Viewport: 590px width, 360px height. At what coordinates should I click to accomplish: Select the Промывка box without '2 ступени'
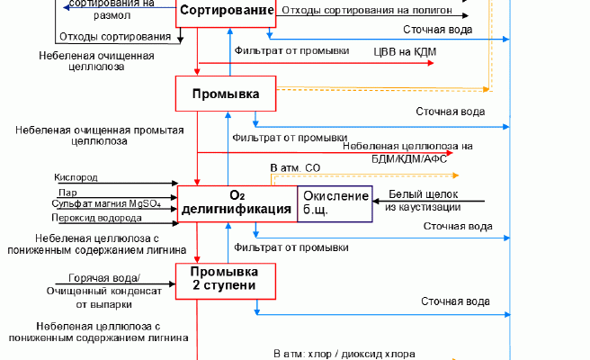pos(226,94)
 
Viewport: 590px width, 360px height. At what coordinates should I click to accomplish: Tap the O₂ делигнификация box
pos(237,203)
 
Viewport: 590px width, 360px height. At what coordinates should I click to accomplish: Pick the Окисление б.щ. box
pos(335,203)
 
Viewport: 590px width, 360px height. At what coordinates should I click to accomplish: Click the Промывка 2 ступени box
pos(225,278)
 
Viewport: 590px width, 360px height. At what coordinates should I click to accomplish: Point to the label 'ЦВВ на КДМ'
pos(404,53)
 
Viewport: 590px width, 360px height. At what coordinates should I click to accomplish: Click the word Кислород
pos(76,178)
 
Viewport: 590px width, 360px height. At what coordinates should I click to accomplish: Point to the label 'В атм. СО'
pos(295,167)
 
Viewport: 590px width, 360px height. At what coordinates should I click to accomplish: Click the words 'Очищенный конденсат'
pos(103,292)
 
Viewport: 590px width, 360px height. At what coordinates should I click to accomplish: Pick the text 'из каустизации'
pos(424,208)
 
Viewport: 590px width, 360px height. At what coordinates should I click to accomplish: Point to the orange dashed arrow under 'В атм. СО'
pos(378,175)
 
